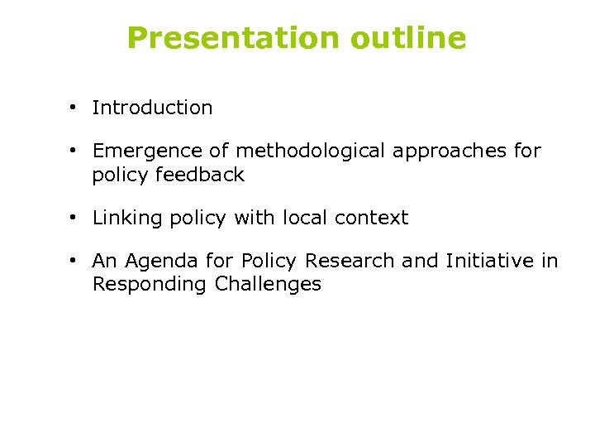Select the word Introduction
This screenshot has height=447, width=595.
[152, 108]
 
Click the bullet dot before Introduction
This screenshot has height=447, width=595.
[74, 108]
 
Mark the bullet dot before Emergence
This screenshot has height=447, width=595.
[74, 151]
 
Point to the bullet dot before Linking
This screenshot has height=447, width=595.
[74, 218]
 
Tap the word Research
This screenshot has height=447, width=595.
[350, 261]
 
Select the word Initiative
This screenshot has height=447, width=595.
[489, 261]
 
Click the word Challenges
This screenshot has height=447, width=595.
[268, 285]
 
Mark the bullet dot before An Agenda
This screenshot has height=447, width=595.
[74, 261]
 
